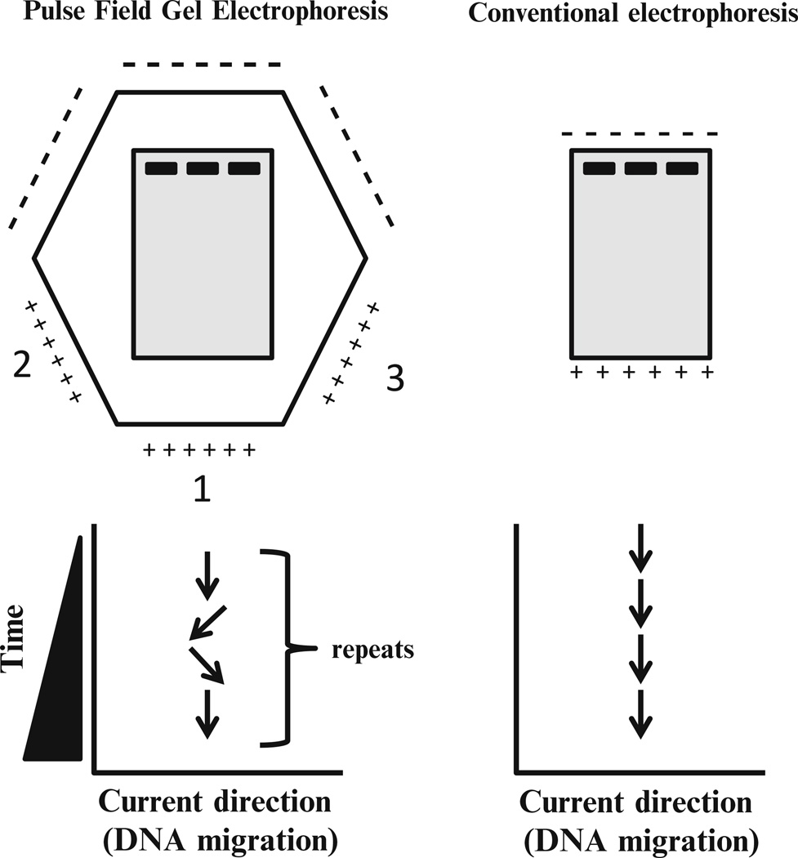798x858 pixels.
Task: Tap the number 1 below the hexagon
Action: click(201, 488)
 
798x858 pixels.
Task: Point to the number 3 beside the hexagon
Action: click(394, 380)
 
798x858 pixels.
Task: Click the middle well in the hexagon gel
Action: click(202, 168)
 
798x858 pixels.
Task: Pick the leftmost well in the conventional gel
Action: click(600, 168)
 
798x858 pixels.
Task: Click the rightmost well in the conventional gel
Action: click(682, 168)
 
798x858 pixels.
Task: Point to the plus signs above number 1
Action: click(200, 450)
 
